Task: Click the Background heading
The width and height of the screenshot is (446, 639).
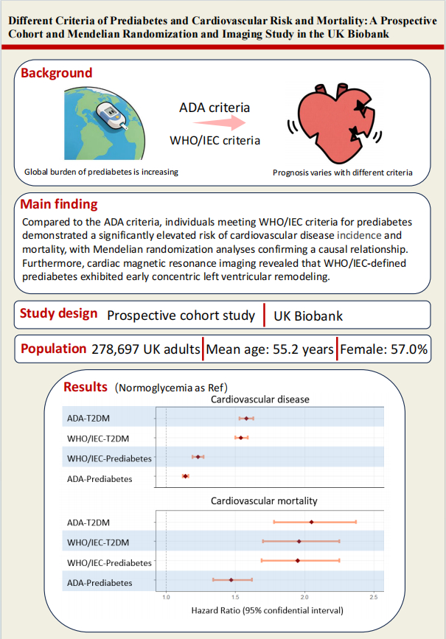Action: point(57,73)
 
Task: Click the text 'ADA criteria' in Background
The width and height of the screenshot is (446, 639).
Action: point(220,108)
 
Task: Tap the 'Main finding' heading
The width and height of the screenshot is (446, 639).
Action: point(59,204)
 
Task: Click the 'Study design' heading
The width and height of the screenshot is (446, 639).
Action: point(59,313)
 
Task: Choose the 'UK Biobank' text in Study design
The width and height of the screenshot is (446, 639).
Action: point(308,315)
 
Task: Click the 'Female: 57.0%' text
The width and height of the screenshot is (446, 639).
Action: point(384,349)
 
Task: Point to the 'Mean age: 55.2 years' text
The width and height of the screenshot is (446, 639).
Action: point(270,349)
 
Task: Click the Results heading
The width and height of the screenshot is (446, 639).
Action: point(86,387)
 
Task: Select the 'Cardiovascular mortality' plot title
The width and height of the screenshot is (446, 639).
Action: point(264,500)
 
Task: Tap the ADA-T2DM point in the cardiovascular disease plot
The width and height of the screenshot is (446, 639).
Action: point(246,419)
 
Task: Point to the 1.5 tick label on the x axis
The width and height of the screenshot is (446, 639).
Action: point(235,597)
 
